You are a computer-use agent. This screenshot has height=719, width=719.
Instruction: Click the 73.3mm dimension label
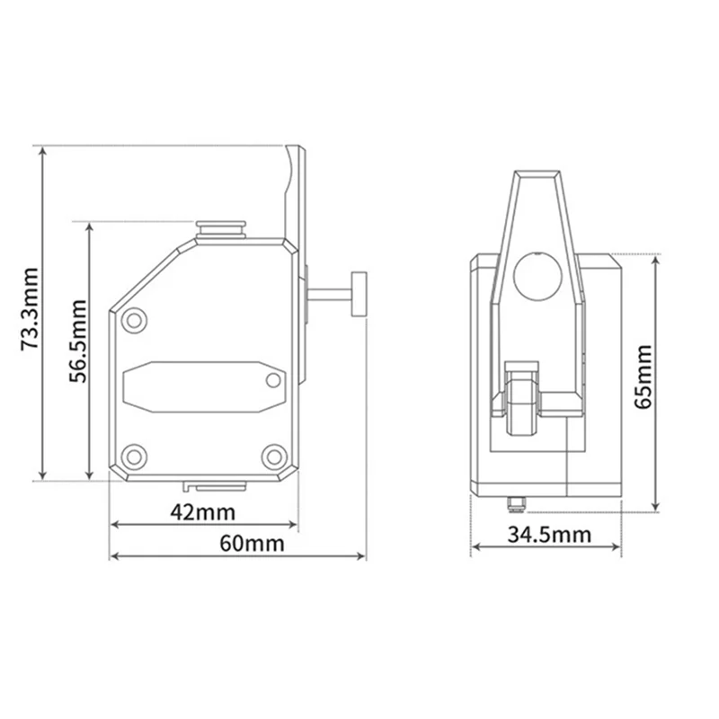coord(30,307)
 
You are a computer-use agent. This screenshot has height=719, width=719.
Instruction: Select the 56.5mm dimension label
coord(79,348)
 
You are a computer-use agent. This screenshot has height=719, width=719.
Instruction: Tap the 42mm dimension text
coord(203,512)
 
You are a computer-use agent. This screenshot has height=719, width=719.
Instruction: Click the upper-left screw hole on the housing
coord(135,319)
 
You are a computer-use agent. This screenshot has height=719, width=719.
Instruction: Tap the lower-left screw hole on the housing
coord(135,455)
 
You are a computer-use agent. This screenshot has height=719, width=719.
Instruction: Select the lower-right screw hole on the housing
coord(273,455)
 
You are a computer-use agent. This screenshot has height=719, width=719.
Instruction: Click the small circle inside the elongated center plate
coord(273,380)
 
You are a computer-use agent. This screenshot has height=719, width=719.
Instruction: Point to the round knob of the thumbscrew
coord(360,293)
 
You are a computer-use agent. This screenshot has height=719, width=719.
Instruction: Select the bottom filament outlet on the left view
coord(216,486)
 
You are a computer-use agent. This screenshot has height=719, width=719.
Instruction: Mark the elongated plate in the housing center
coord(202,384)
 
